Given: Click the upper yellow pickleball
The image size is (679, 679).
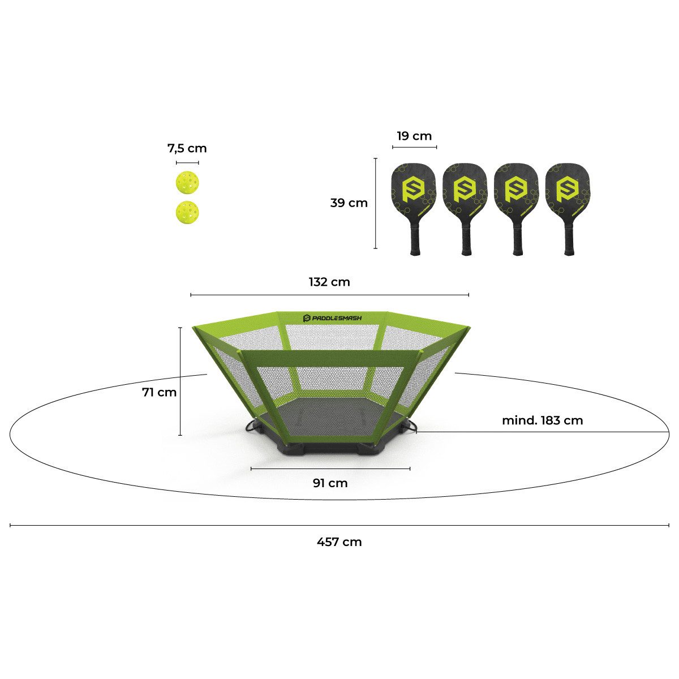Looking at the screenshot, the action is pos(187,183).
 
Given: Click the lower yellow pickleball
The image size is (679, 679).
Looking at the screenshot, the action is pos(187,212).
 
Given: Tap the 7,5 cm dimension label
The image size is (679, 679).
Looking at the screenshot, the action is pos(187,148).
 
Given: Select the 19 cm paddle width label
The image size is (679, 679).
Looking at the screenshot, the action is pos(414,136).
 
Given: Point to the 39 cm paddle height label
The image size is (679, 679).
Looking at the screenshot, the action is pos(349,203).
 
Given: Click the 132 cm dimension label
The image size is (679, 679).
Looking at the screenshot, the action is pos(329,282).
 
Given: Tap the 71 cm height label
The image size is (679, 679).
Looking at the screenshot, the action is pos(159,392).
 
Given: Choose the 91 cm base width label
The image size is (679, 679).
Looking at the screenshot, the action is pos(330,483).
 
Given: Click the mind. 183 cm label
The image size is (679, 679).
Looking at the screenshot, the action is pos(542,420).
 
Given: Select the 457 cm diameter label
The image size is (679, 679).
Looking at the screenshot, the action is pos(339,542).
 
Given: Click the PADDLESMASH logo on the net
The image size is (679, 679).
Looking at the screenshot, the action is pos(332,318).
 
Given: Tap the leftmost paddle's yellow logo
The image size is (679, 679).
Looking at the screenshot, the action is pos(413,190).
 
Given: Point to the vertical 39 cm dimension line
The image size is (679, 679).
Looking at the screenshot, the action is pos(376,203).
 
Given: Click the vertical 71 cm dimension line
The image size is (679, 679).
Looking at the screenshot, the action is pos(181,381).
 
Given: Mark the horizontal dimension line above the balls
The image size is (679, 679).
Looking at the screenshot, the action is pos(187,163).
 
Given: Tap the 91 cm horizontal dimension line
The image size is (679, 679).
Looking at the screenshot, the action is pos(330,469).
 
